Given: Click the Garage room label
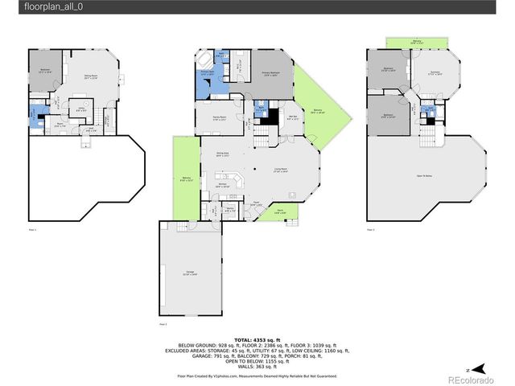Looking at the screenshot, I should (190, 274).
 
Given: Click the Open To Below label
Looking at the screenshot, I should (425, 175).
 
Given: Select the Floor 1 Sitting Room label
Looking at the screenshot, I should (89, 78).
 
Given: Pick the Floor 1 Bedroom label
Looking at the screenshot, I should (45, 72).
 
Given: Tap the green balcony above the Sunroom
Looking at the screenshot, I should (416, 41).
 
